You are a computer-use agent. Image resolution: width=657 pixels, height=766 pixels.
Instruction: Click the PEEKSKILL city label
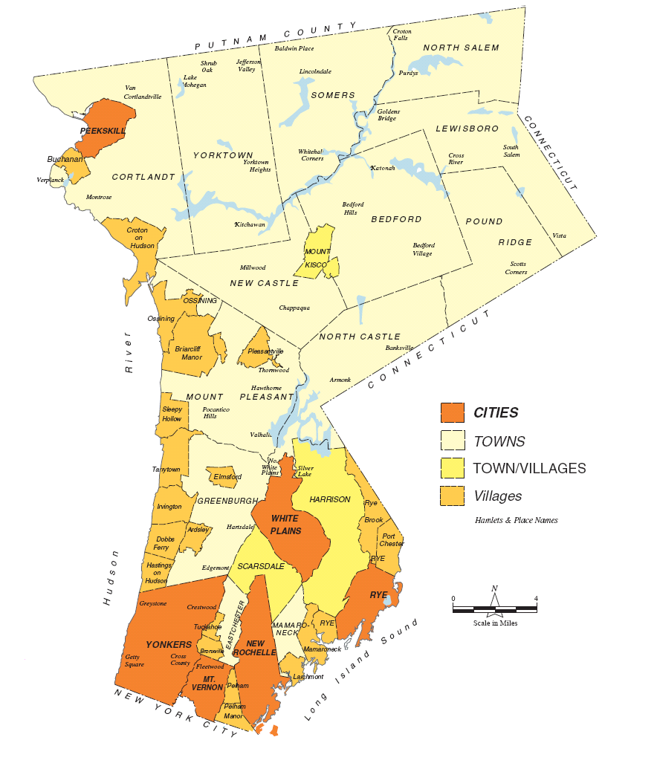[103, 131]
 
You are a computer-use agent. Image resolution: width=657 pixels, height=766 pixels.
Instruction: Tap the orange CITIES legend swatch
[452, 413]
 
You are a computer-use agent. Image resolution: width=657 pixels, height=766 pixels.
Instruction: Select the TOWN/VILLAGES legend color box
[452, 468]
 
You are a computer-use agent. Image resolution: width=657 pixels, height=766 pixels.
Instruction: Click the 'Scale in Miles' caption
[494, 623]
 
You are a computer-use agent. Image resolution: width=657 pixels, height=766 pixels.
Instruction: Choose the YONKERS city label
[169, 644]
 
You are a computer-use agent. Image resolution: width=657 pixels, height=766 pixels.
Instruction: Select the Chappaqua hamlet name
[294, 307]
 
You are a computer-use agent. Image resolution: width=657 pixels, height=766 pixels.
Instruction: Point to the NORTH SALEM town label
[461, 48]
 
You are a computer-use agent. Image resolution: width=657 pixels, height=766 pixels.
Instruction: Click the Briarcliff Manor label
[188, 353]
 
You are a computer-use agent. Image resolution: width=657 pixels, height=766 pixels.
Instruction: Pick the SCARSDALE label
[261, 566]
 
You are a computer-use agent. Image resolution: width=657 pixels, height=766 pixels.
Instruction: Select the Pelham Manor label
[234, 711]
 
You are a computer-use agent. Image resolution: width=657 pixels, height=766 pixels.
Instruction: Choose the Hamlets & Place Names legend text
[516, 520]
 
